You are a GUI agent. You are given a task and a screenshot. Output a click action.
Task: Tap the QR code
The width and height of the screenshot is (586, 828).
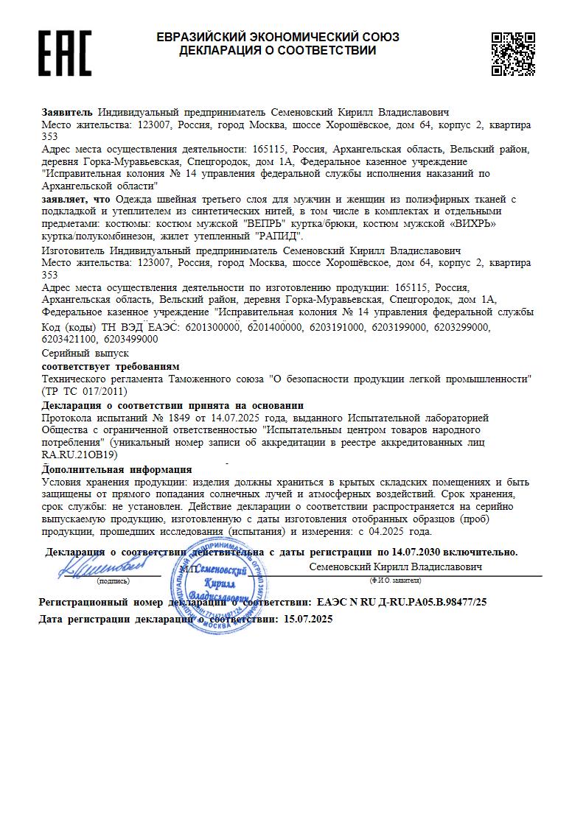click(x=513, y=54)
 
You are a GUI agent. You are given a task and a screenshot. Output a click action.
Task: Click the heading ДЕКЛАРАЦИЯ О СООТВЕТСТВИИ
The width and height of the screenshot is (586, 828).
click(x=277, y=51)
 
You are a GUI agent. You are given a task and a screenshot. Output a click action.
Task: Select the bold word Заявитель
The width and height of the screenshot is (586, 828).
click(x=67, y=112)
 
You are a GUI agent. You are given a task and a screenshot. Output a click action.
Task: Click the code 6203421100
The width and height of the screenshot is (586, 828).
click(x=71, y=339)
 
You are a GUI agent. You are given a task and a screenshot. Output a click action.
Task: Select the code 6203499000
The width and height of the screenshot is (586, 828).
click(x=131, y=339)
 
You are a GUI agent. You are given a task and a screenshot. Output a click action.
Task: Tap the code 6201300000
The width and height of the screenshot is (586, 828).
click(x=214, y=326)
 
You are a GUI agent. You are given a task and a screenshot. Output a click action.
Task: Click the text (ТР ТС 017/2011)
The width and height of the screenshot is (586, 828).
click(x=75, y=390)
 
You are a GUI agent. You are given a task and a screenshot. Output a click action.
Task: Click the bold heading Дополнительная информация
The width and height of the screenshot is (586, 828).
click(x=116, y=469)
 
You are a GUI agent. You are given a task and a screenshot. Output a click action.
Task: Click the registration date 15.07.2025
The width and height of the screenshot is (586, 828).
click(x=308, y=620)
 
